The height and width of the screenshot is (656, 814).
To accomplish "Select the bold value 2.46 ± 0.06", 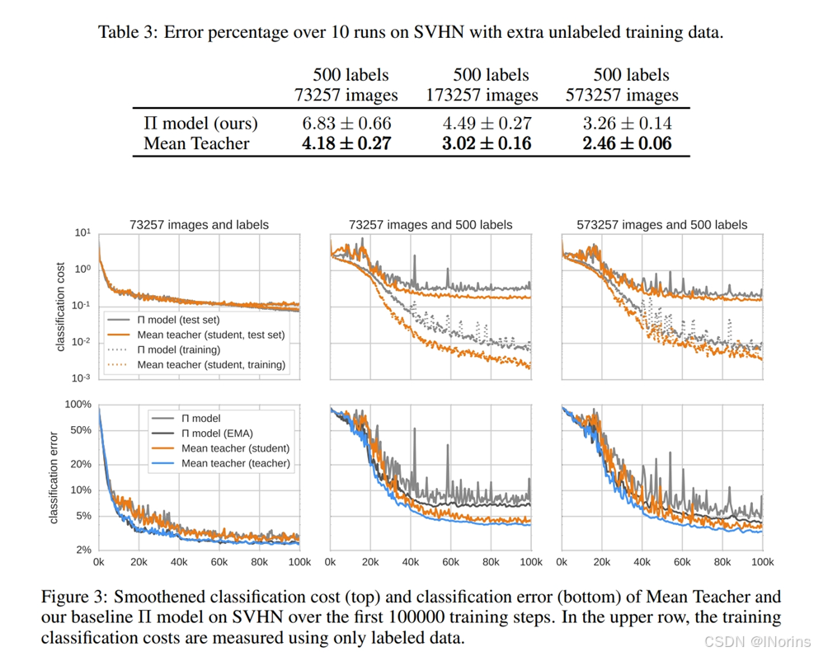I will coord(627,143).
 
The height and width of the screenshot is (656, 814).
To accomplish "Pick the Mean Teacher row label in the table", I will coord(196,143).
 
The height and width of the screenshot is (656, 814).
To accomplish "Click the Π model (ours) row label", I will coord(200,123).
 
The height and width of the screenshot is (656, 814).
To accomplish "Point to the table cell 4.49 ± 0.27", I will coord(487,123).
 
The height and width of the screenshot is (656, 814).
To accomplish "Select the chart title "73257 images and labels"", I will coord(199,224).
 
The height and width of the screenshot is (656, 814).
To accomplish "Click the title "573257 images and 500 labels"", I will coord(662,224).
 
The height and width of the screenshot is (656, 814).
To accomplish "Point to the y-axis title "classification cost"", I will coord(60,307).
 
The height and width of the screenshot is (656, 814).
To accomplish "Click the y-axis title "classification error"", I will coord(54,477).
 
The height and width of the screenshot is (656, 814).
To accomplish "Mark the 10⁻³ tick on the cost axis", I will coord(81,377).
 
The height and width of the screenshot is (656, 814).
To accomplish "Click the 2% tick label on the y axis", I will coord(82,550).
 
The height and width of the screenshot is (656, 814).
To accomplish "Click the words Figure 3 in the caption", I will coord(70,596).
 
